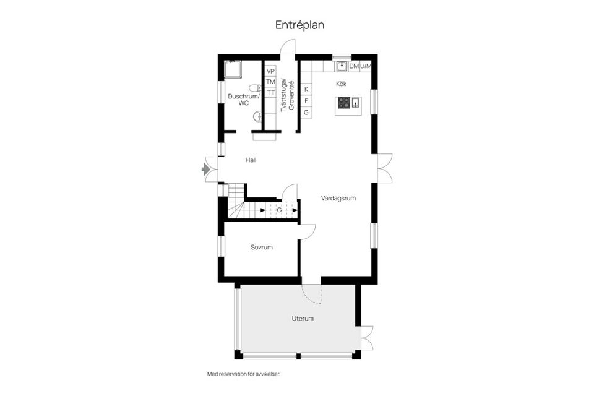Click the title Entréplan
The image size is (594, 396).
(x=300, y=25)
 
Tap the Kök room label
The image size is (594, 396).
(x=341, y=83)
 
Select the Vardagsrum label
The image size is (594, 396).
(x=338, y=199)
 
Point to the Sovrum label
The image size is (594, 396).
(x=262, y=247)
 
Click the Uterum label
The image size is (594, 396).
(x=303, y=319)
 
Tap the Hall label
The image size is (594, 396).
(x=251, y=160)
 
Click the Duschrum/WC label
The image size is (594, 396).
(x=244, y=100)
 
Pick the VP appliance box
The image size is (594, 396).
(x=270, y=71)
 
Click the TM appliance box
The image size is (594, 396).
(x=270, y=82)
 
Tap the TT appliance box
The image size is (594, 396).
(x=270, y=92)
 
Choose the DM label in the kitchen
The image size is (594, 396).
(x=354, y=66)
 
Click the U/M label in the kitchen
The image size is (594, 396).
(x=366, y=66)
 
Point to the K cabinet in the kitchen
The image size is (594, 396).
(x=306, y=89)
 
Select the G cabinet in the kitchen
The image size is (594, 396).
(x=306, y=112)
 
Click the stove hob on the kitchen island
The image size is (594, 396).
(x=343, y=103)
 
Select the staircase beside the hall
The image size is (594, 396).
(x=238, y=202)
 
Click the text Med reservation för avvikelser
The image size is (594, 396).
(x=247, y=374)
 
